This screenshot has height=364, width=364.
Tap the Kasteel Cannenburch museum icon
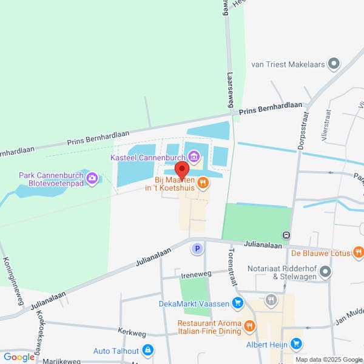[194, 158]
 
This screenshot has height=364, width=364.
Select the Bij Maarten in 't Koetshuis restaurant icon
[203, 181]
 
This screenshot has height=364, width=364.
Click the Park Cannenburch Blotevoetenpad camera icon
[92, 178]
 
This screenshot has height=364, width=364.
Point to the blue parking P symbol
[196, 248]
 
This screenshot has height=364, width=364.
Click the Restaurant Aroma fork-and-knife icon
[249, 328]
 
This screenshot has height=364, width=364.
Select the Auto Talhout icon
[147, 351]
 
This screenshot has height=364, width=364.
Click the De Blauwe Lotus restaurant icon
[359, 252]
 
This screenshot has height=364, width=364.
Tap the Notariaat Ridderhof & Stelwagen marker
[326, 271]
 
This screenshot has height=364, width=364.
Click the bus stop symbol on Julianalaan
[286, 235]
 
